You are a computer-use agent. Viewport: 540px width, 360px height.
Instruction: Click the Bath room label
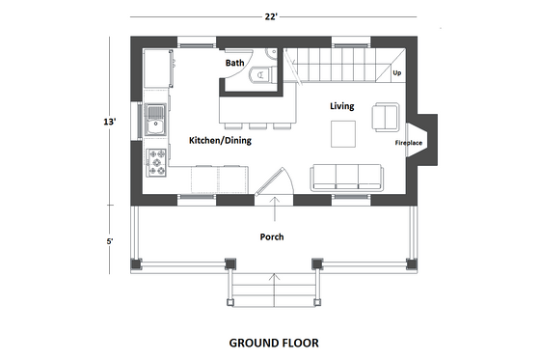pyautogui.click(x=235, y=63)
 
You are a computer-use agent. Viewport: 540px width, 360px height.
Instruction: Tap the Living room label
pyautogui.click(x=343, y=105)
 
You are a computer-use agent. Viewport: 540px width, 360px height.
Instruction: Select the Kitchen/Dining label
pyautogui.click(x=219, y=141)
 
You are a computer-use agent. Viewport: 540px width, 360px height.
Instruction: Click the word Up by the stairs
pyautogui.click(x=396, y=72)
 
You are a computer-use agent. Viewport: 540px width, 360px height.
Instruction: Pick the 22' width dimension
pyautogui.click(x=276, y=14)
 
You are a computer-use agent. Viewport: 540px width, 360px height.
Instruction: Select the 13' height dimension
pyautogui.click(x=113, y=122)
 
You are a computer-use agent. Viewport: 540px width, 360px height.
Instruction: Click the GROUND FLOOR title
pyautogui.click(x=274, y=342)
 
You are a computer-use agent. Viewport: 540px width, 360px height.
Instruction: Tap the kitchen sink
pyautogui.click(x=156, y=121)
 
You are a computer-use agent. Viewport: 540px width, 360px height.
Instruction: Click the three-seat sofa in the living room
pyautogui.click(x=346, y=176)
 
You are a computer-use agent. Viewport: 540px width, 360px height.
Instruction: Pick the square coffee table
pyautogui.click(x=343, y=133)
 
